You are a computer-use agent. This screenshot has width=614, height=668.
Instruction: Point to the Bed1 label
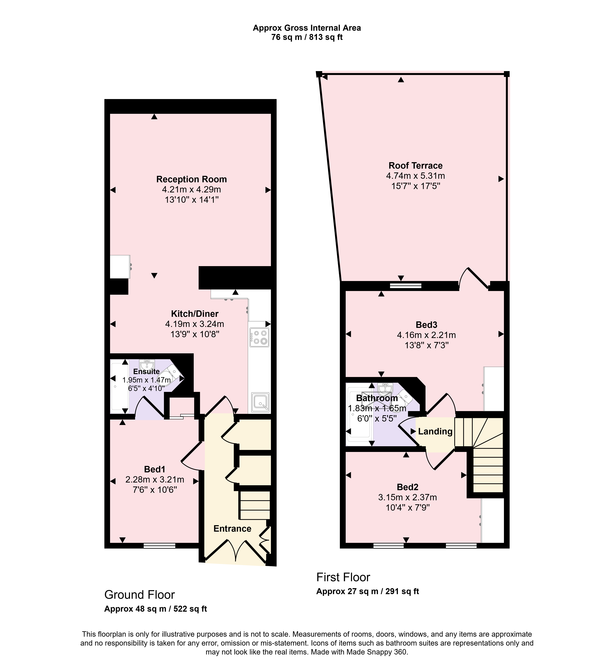[154, 469]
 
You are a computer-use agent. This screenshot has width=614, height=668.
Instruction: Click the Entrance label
[232, 528]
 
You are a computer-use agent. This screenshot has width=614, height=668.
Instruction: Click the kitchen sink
[260, 402]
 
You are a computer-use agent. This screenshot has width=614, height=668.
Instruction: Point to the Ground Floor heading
[140, 595]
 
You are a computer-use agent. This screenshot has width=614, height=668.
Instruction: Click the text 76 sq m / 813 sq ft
[307, 37]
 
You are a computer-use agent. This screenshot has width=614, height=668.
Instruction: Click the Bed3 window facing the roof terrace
[406, 285]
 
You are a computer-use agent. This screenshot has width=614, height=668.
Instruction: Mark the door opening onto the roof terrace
[474, 279]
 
